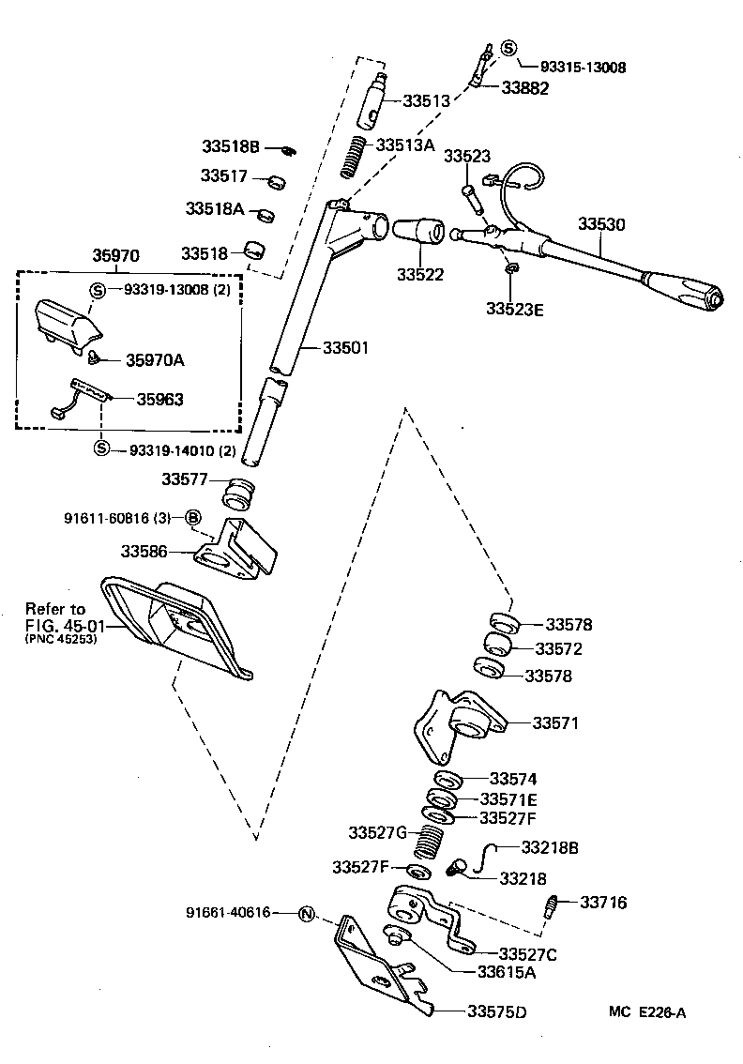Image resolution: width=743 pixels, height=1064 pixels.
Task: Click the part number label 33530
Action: click(600, 224)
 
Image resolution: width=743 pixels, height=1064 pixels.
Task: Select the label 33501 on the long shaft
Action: click(346, 347)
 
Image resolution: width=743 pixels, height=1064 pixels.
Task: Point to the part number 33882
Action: click(524, 87)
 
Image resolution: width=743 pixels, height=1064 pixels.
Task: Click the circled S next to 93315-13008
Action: click(508, 49)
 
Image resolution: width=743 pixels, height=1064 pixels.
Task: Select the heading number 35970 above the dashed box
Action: click(115, 254)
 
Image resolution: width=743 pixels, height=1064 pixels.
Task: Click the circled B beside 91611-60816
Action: click(192, 517)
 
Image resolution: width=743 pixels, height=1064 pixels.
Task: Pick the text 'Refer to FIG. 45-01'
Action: click(61, 616)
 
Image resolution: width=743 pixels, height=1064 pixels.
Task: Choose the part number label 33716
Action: click(603, 903)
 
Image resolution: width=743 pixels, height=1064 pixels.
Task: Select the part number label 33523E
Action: click(514, 308)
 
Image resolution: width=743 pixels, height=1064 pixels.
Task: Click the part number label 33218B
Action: click(550, 847)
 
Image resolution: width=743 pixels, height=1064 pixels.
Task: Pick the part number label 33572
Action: click(558, 648)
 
